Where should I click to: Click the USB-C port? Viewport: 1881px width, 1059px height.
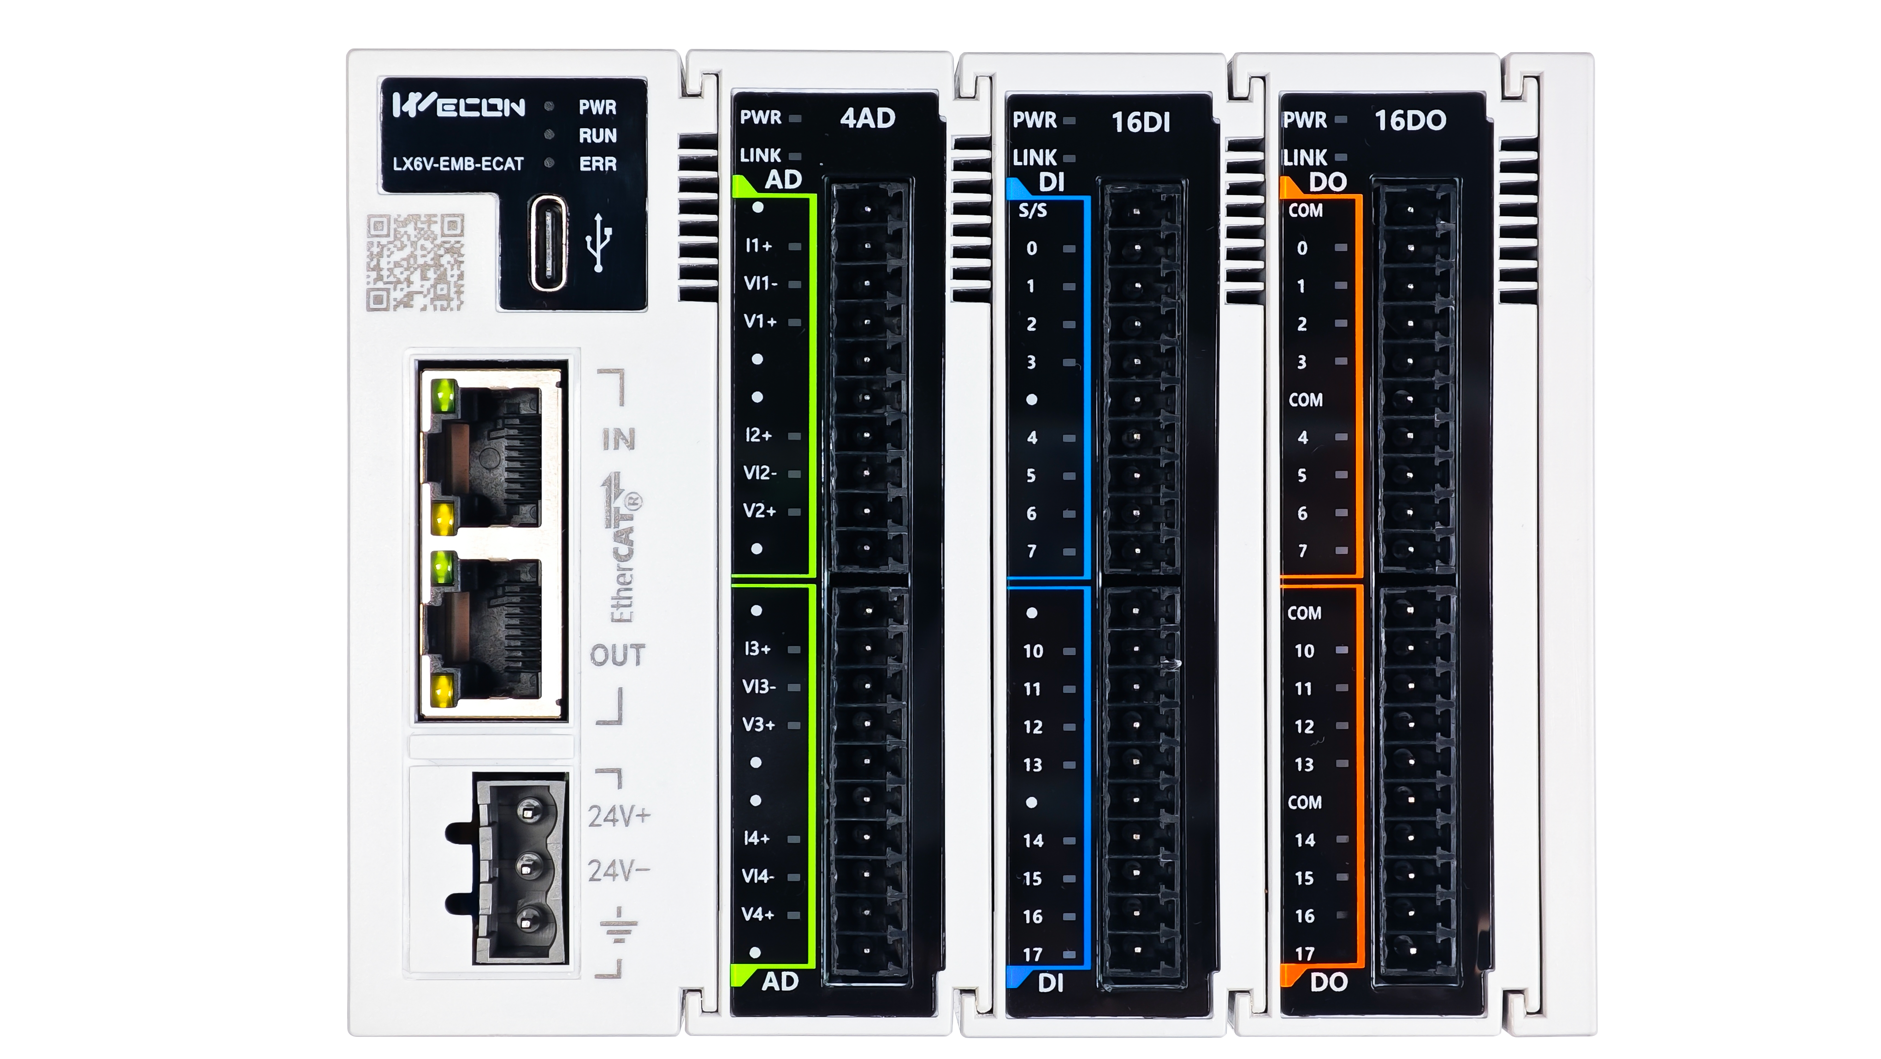point(548,243)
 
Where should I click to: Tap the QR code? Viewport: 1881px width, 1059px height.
point(415,262)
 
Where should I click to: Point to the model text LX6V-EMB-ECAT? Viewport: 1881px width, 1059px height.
point(458,164)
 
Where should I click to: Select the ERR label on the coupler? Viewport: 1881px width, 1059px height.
point(598,164)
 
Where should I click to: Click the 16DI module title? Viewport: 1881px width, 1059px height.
point(1141,122)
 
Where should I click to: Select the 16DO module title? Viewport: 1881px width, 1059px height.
point(1410,120)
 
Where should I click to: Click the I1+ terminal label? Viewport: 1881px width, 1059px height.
point(758,245)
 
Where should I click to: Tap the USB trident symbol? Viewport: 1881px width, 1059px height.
point(599,243)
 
